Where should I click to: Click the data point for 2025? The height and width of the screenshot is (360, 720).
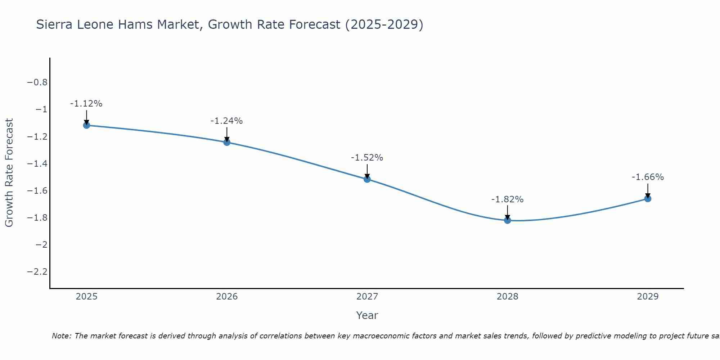coord(86,125)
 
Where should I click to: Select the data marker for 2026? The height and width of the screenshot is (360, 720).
coord(227,142)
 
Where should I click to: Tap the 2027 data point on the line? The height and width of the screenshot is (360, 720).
coord(367,179)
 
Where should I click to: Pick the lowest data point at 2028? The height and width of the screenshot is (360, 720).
coord(508,220)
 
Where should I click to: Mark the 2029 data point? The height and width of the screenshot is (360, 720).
coord(648,198)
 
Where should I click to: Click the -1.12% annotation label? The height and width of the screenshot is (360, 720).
coord(86,104)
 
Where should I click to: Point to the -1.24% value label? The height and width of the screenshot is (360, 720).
coord(226,121)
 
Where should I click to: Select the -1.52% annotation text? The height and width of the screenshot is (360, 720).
coord(367,158)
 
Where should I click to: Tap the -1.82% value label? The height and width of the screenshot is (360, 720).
coord(507,199)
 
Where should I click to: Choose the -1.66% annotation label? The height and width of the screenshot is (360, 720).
coord(648,177)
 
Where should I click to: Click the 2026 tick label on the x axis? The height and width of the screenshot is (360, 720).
coord(227,297)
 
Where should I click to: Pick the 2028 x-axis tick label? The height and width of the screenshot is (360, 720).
coord(508,297)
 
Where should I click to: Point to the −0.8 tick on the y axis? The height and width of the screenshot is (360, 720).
coord(37,82)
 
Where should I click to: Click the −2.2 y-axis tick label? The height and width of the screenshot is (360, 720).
coord(37,271)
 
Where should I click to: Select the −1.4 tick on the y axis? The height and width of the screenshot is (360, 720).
coord(37,163)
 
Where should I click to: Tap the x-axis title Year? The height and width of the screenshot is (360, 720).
coord(367,315)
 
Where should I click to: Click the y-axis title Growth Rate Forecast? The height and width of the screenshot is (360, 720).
coord(9,173)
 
